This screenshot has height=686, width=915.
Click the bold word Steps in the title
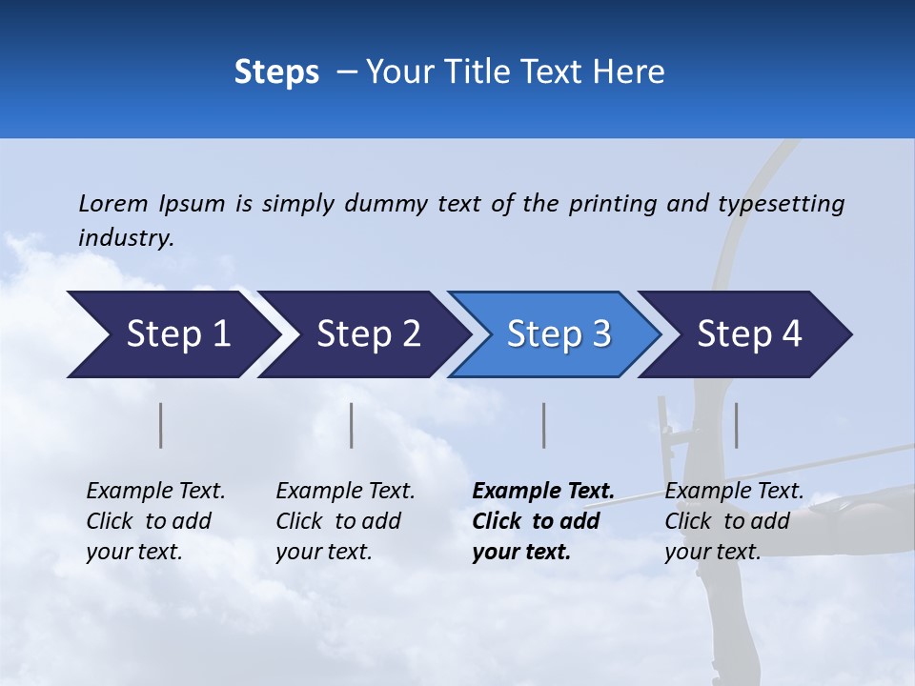pyautogui.click(x=276, y=71)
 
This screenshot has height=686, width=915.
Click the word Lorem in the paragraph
pyautogui.click(x=113, y=203)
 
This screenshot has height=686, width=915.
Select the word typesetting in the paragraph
pyautogui.click(x=781, y=203)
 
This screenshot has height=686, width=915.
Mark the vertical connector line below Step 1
pyautogui.click(x=161, y=425)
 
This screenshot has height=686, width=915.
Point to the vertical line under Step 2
pyautogui.click(x=352, y=425)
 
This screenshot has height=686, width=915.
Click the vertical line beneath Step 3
pyautogui.click(x=543, y=425)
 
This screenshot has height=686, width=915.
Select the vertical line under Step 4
pyautogui.click(x=736, y=425)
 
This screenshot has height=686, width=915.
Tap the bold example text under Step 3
pyautogui.click(x=542, y=521)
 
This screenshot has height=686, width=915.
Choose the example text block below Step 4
pyautogui.click(x=734, y=521)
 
